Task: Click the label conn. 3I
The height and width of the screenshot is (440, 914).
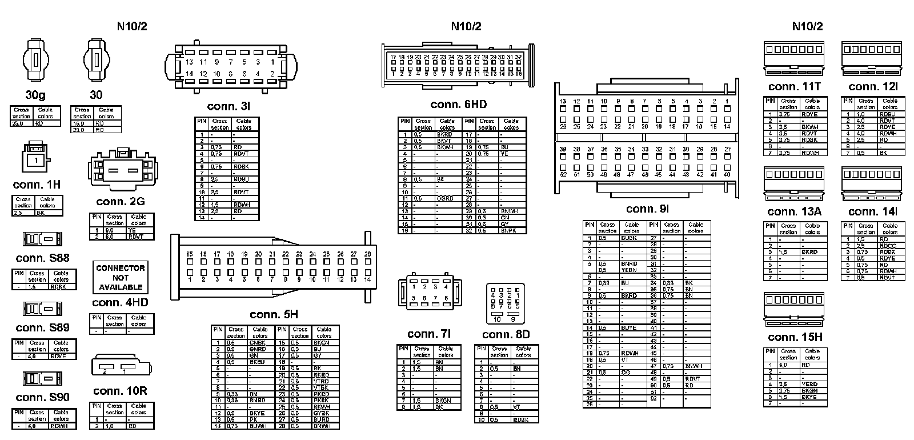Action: pyautogui.click(x=228, y=107)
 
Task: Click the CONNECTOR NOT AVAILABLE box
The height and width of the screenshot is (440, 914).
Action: pyautogui.click(x=121, y=277)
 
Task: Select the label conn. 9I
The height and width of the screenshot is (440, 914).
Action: pyautogui.click(x=647, y=209)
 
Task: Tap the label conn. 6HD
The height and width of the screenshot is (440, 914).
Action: pyautogui.click(x=458, y=105)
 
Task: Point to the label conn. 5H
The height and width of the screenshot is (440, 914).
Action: pyautogui.click(x=274, y=314)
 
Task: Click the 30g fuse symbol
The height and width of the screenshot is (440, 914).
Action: pyautogui.click(x=35, y=61)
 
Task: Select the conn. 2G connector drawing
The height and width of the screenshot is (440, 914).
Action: pyautogui.click(x=121, y=170)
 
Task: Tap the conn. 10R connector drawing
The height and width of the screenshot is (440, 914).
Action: pyautogui.click(x=121, y=366)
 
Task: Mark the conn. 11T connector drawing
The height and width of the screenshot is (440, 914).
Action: pyautogui.click(x=795, y=58)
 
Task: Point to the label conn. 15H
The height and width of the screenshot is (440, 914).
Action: pyautogui.click(x=795, y=337)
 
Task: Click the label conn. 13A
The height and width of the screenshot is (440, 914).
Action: pyautogui.click(x=794, y=212)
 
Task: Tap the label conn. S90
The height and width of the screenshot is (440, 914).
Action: pyautogui.click(x=42, y=397)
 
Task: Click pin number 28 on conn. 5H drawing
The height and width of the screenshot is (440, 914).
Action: pyautogui.click(x=367, y=254)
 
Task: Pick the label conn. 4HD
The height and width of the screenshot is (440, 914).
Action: pyautogui.click(x=120, y=302)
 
